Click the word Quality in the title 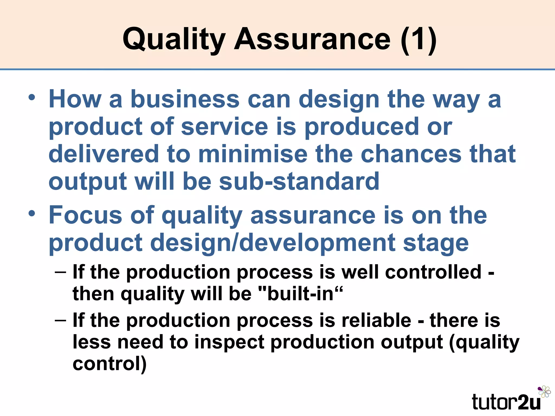tap(174, 39)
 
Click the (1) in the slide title tap(418, 39)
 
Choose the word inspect tap(229, 342)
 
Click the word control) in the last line tap(109, 363)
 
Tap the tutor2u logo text tap(506, 402)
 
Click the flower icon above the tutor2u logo tap(544, 392)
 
